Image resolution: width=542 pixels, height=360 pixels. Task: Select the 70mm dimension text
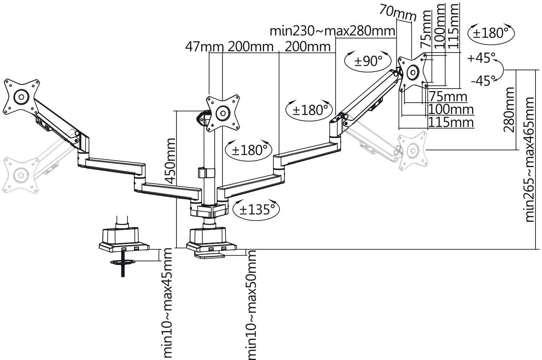click(x=397, y=14)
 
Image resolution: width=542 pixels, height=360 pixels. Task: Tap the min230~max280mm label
click(x=332, y=31)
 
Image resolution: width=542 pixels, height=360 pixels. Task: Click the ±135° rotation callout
click(x=256, y=209)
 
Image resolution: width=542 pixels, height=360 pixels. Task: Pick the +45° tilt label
click(x=481, y=58)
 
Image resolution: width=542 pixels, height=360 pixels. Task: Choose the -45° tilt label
click(x=481, y=81)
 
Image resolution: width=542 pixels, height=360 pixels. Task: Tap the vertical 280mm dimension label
click(x=509, y=110)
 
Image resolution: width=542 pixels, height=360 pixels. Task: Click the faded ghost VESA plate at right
click(x=413, y=151)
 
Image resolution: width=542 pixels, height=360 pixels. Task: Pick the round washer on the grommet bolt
click(x=122, y=262)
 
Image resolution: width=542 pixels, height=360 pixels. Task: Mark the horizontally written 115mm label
click(x=451, y=122)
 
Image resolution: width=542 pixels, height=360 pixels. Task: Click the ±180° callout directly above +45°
click(x=491, y=33)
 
